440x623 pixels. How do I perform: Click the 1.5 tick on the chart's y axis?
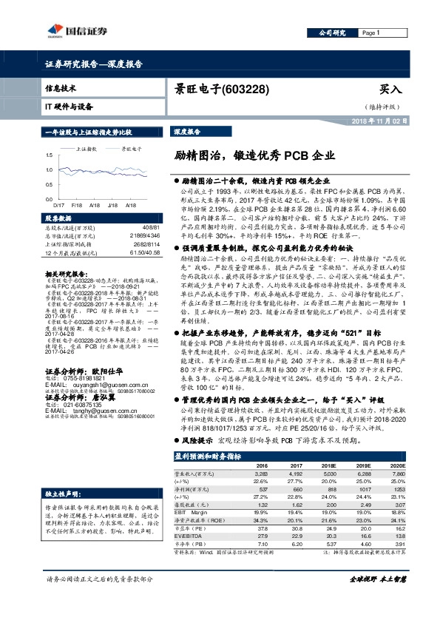(49, 154)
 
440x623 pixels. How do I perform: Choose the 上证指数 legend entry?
(88, 148)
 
